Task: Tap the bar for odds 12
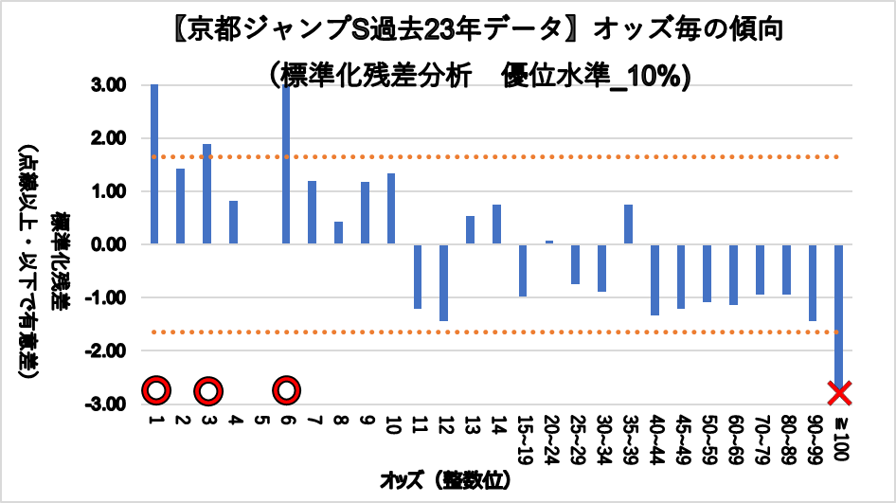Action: [443, 282]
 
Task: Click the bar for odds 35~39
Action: [628, 225]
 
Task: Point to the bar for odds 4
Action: [233, 223]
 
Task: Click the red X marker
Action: [839, 391]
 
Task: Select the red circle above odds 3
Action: [208, 390]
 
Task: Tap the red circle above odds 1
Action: [156, 390]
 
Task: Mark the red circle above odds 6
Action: [287, 390]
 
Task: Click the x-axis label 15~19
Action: [522, 436]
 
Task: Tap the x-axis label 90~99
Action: [813, 436]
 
